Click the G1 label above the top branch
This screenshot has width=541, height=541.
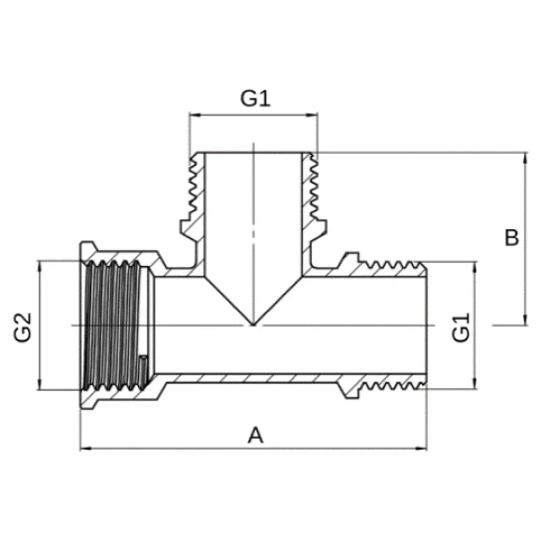point(255,98)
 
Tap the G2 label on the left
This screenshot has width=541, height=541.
point(23,328)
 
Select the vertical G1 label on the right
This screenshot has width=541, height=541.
point(461,328)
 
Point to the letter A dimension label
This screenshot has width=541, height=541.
point(255,435)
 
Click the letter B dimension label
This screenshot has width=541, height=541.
point(511,237)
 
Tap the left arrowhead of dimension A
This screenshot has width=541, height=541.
point(86,449)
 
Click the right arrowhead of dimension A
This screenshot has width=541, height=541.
point(421,449)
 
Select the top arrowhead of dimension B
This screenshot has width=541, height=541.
point(525,158)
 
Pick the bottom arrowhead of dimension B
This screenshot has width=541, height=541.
point(525,320)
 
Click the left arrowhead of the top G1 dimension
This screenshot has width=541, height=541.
point(196,115)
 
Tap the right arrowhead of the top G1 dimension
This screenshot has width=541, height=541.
point(312,115)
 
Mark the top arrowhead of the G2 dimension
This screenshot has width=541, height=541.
point(40,267)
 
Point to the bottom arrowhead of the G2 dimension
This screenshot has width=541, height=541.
point(40,384)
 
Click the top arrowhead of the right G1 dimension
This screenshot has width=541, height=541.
point(475,267)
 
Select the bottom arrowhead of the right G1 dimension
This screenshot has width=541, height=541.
point(475,383)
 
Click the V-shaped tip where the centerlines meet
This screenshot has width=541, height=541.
point(253,325)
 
